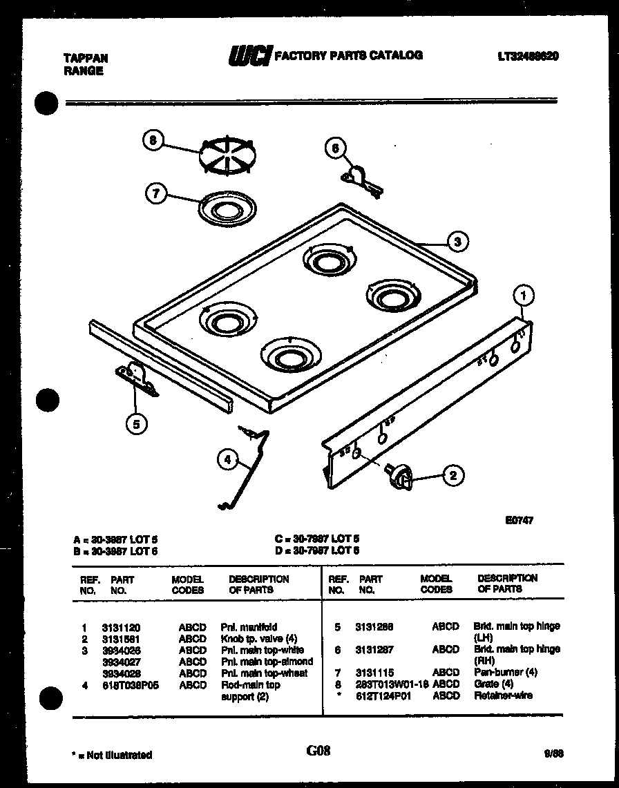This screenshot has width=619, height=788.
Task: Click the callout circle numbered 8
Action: [x=153, y=140]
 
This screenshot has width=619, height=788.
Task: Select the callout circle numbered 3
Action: [x=457, y=241]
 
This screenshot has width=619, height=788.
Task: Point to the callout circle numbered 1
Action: [x=524, y=297]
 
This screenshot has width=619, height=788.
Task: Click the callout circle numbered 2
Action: [x=453, y=474]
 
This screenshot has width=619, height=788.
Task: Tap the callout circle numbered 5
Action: [x=136, y=424]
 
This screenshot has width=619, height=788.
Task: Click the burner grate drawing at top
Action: [x=227, y=156]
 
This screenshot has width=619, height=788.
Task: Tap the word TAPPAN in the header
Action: [x=86, y=59]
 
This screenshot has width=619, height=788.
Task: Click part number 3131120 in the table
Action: [x=121, y=628]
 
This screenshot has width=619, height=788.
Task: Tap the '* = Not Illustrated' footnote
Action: [x=112, y=755]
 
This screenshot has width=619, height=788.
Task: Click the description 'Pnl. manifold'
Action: [x=249, y=628]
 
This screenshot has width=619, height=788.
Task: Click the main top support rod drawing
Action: [x=245, y=470]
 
